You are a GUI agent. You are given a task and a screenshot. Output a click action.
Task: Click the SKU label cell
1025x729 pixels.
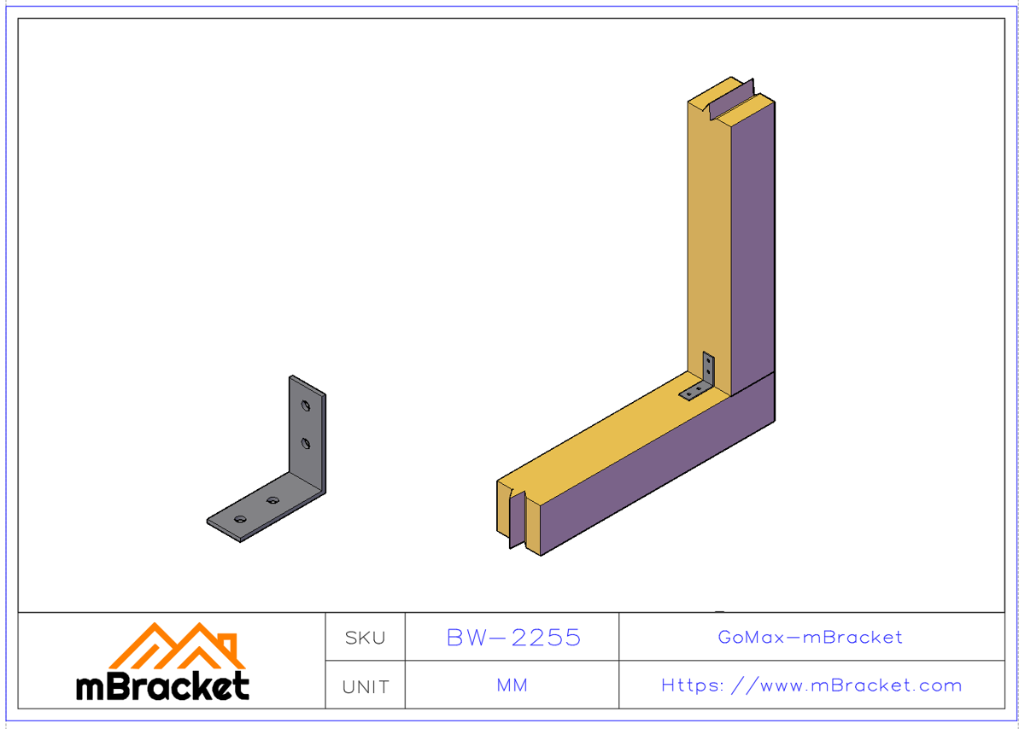click(365, 638)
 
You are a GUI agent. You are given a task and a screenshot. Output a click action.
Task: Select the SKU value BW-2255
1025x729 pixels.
click(513, 638)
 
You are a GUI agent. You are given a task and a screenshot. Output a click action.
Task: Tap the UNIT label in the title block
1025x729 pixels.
click(365, 686)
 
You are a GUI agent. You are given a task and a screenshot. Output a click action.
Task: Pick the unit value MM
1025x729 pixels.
click(512, 685)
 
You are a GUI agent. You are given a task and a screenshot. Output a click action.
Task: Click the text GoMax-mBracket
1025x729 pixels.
click(811, 638)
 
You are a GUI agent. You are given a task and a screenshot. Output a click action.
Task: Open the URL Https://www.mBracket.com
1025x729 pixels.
click(811, 685)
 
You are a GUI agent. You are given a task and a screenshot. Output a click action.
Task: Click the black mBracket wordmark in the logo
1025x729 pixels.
click(162, 685)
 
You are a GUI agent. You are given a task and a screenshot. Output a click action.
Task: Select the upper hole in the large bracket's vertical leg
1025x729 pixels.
click(306, 405)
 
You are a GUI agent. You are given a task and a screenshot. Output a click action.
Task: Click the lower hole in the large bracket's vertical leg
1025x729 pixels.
click(306, 443)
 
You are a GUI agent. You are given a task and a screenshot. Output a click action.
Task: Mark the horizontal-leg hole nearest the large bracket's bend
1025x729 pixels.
click(273, 500)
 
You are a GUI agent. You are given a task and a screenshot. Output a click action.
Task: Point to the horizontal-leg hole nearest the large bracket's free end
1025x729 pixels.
click(240, 519)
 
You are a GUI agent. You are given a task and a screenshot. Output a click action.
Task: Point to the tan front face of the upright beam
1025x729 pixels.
click(708, 230)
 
